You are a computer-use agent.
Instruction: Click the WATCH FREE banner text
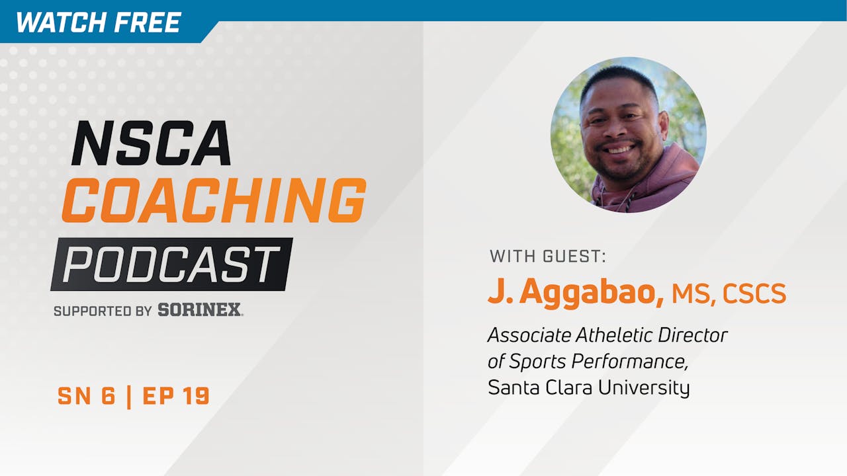pos(98,22)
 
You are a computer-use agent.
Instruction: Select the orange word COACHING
pos(213,200)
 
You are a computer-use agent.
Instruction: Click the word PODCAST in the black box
pos(171,264)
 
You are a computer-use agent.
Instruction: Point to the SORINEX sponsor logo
pos(200,309)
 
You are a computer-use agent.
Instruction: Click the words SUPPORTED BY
pos(103,310)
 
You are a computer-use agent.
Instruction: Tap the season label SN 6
pos(86,396)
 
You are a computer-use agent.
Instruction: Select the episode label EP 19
pos(176,396)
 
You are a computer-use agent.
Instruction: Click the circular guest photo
pos(628,135)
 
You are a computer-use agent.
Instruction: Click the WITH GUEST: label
pos(547,257)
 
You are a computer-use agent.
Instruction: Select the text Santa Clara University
pos(588,387)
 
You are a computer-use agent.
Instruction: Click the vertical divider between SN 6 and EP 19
pos(129,396)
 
